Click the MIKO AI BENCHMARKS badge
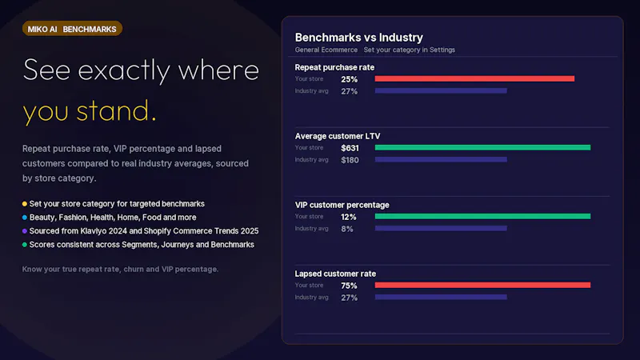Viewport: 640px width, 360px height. tap(72, 29)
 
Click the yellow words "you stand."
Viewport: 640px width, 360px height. tap(90, 111)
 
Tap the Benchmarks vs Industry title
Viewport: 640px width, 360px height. tap(358, 38)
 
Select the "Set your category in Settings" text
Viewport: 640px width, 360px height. tap(410, 50)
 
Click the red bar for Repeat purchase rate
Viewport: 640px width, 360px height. tap(474, 78)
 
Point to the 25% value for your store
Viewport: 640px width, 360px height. tap(350, 79)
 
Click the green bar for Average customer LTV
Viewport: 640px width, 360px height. tap(483, 147)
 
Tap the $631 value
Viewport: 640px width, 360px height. tap(350, 148)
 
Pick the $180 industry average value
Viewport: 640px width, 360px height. tap(350, 160)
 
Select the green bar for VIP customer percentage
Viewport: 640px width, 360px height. tap(483, 216)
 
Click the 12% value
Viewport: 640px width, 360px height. tap(349, 217)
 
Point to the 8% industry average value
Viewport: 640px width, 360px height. tap(347, 229)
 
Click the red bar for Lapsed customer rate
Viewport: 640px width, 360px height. tap(483, 286)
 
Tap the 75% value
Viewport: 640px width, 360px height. tap(349, 286)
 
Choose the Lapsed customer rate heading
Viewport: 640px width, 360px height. tap(335, 274)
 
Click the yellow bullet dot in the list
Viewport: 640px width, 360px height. tap(25, 204)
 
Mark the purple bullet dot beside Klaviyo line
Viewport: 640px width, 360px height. tap(25, 231)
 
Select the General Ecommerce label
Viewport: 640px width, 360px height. tap(326, 50)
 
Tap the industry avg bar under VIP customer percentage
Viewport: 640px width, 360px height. tap(442, 228)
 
